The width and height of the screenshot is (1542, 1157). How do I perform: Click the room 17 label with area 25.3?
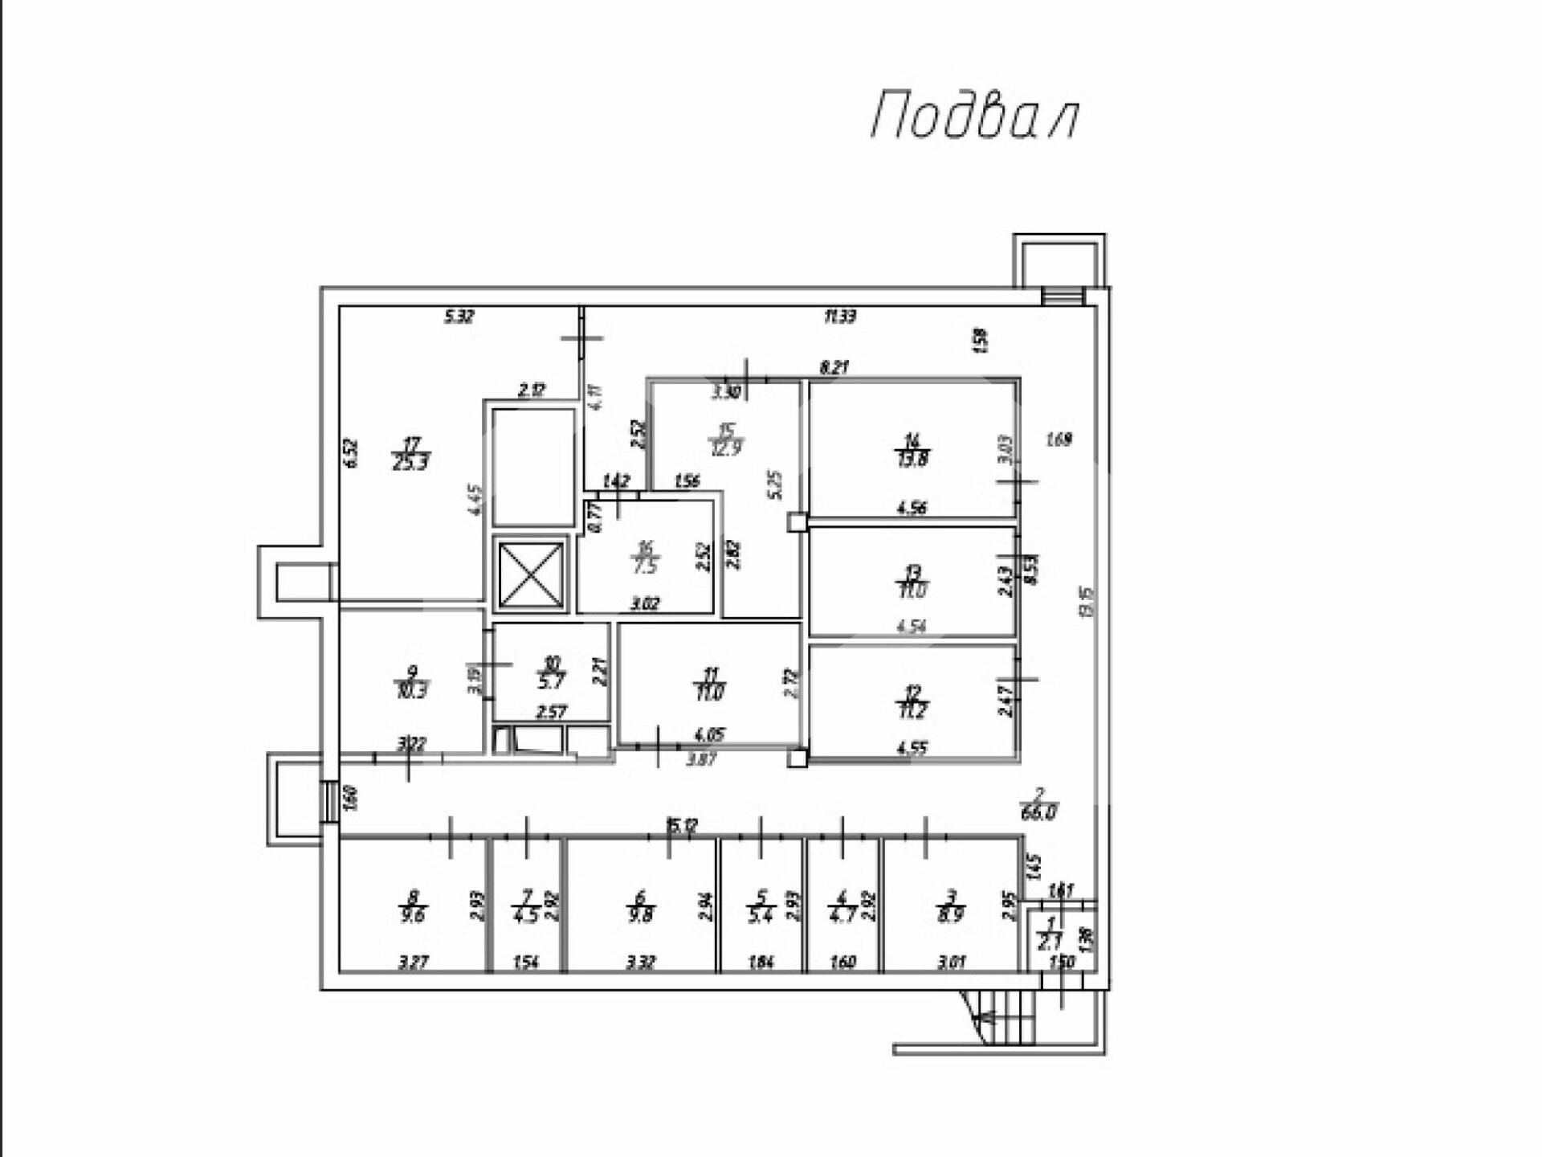[410, 454]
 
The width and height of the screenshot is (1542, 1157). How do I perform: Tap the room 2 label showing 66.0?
[1038, 804]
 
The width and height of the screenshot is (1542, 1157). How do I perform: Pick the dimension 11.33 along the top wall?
[839, 317]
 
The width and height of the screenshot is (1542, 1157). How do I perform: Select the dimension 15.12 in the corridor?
[682, 825]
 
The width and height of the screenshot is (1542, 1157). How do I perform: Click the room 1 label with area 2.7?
[1050, 935]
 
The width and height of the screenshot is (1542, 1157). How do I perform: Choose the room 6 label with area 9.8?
[640, 907]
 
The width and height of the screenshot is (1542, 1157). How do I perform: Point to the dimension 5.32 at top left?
[459, 317]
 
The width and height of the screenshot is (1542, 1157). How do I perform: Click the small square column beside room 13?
[797, 523]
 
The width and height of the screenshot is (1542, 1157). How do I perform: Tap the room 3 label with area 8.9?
[951, 907]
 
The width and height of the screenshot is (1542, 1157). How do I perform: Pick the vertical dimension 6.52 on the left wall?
[350, 453]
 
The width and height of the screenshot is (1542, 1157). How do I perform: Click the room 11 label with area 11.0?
[711, 684]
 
